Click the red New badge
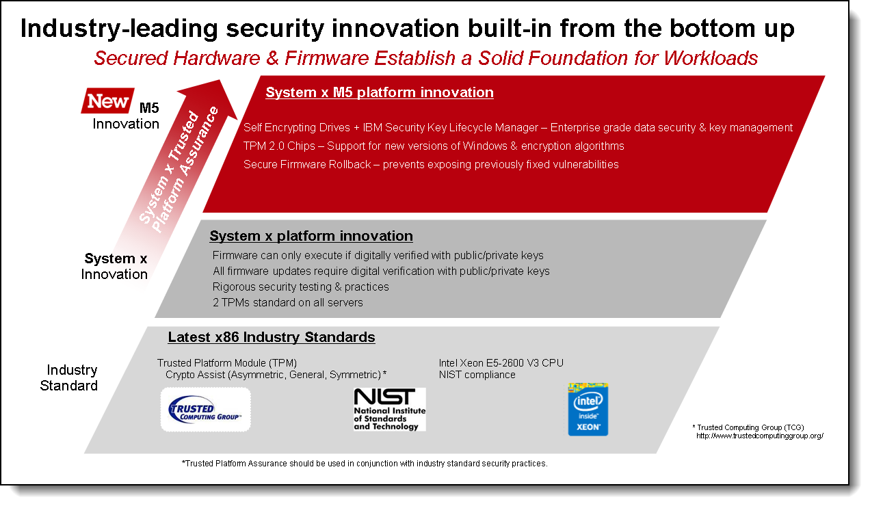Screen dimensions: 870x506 [107, 101]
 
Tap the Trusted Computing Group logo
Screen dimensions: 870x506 [205, 410]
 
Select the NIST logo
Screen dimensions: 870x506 [390, 410]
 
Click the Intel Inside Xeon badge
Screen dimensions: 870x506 [588, 410]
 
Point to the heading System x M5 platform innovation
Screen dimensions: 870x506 [380, 92]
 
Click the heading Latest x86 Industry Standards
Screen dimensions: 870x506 [272, 337]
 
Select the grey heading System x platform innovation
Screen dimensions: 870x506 [311, 236]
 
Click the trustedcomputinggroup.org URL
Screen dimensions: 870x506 [760, 436]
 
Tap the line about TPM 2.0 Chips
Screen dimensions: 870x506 [434, 146]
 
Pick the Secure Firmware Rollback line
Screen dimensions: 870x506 [431, 165]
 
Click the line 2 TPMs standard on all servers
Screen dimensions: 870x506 [288, 302]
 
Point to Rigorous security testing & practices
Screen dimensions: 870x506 [301, 287]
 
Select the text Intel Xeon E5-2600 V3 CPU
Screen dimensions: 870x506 [501, 362]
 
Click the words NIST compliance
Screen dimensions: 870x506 [477, 375]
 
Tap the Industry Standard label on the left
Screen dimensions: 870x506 [69, 378]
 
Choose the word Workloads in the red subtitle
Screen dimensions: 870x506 [711, 58]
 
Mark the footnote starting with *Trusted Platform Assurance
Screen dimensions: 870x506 [365, 464]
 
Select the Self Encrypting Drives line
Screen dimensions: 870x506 [518, 127]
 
